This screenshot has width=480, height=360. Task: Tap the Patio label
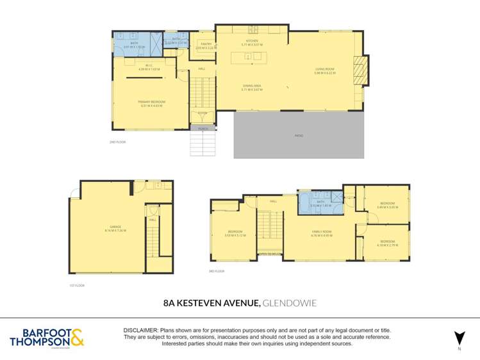[299, 136]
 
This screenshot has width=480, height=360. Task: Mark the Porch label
[203, 129]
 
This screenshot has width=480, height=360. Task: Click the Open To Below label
[269, 254]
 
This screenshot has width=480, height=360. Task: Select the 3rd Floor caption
[216, 271]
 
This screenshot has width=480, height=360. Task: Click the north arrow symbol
[458, 338]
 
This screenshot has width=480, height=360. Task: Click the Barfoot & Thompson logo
[47, 337]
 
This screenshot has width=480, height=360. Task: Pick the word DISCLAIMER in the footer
[143, 329]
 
